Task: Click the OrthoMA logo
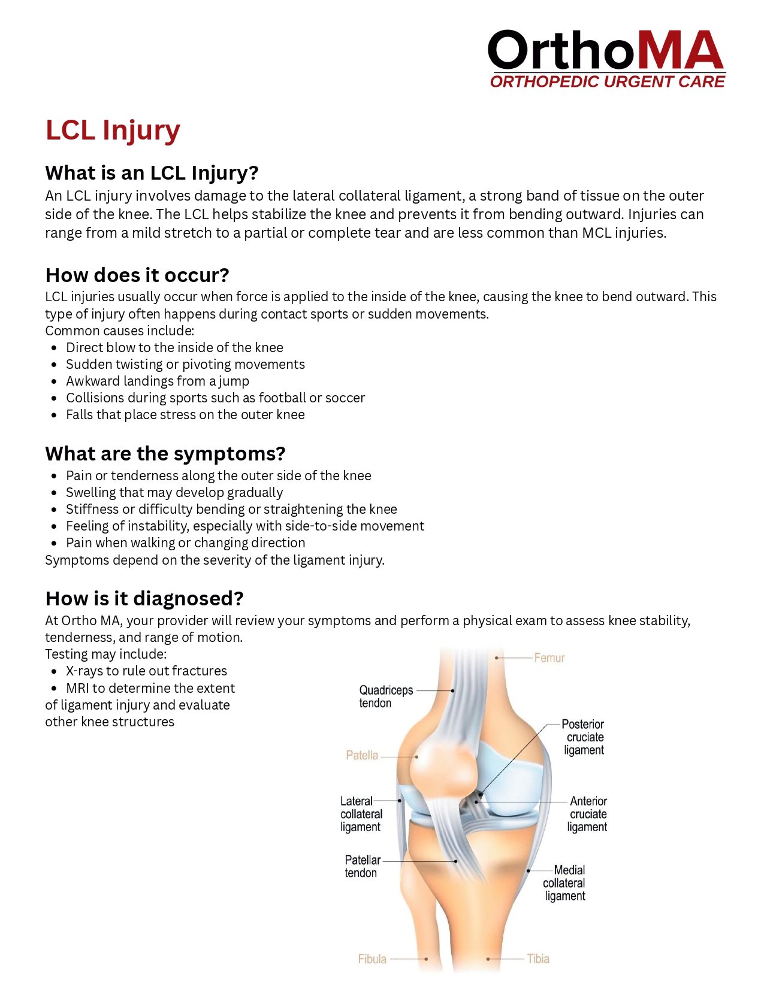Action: [x=606, y=59]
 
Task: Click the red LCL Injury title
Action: [x=113, y=131]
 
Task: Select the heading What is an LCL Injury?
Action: [x=152, y=173]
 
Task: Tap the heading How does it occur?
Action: [x=137, y=275]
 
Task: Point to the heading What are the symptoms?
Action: [x=165, y=454]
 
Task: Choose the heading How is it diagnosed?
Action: [x=144, y=599]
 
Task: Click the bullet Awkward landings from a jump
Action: [x=157, y=381]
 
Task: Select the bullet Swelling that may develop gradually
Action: [x=174, y=493]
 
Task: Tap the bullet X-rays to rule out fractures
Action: [x=146, y=671]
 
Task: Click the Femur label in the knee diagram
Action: [x=549, y=658]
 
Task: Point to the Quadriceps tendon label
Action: [x=385, y=696]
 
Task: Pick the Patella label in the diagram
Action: [x=362, y=756]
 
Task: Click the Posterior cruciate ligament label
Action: [x=584, y=737]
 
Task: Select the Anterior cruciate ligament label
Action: [x=587, y=814]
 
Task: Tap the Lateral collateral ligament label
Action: [x=361, y=814]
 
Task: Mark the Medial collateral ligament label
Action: [x=564, y=883]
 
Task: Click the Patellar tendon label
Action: [x=362, y=866]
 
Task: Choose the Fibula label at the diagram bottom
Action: [x=372, y=959]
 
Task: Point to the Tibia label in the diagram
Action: [x=538, y=959]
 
